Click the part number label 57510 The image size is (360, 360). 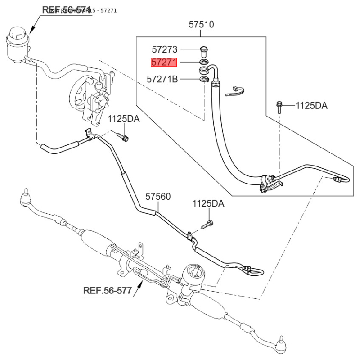tap(201, 25)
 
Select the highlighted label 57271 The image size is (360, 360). tap(164, 63)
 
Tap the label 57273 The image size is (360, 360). tap(164, 49)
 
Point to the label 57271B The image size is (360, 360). tap(162, 80)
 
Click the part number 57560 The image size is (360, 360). tap(158, 197)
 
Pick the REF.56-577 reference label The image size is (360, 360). tap(108, 290)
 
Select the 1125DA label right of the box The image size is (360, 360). tap(311, 106)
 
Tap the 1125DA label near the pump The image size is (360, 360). tap(124, 119)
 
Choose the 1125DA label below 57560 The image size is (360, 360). tap(208, 203)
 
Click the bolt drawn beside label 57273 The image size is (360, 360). tap(203, 51)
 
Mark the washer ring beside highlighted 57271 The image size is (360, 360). tap(203, 62)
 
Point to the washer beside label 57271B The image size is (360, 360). tap(204, 80)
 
